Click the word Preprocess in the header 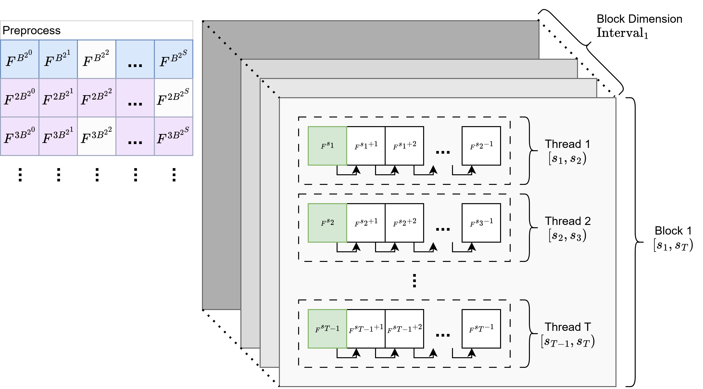click(31, 30)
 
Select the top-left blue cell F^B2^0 click(19, 59)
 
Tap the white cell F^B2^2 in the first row click(96, 59)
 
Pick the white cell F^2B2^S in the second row click(173, 98)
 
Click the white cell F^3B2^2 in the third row click(96, 136)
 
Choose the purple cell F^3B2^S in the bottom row click(173, 136)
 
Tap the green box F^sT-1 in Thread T click(327, 329)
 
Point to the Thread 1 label click(567, 144)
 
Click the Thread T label click(568, 327)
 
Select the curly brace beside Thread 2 click(531, 228)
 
